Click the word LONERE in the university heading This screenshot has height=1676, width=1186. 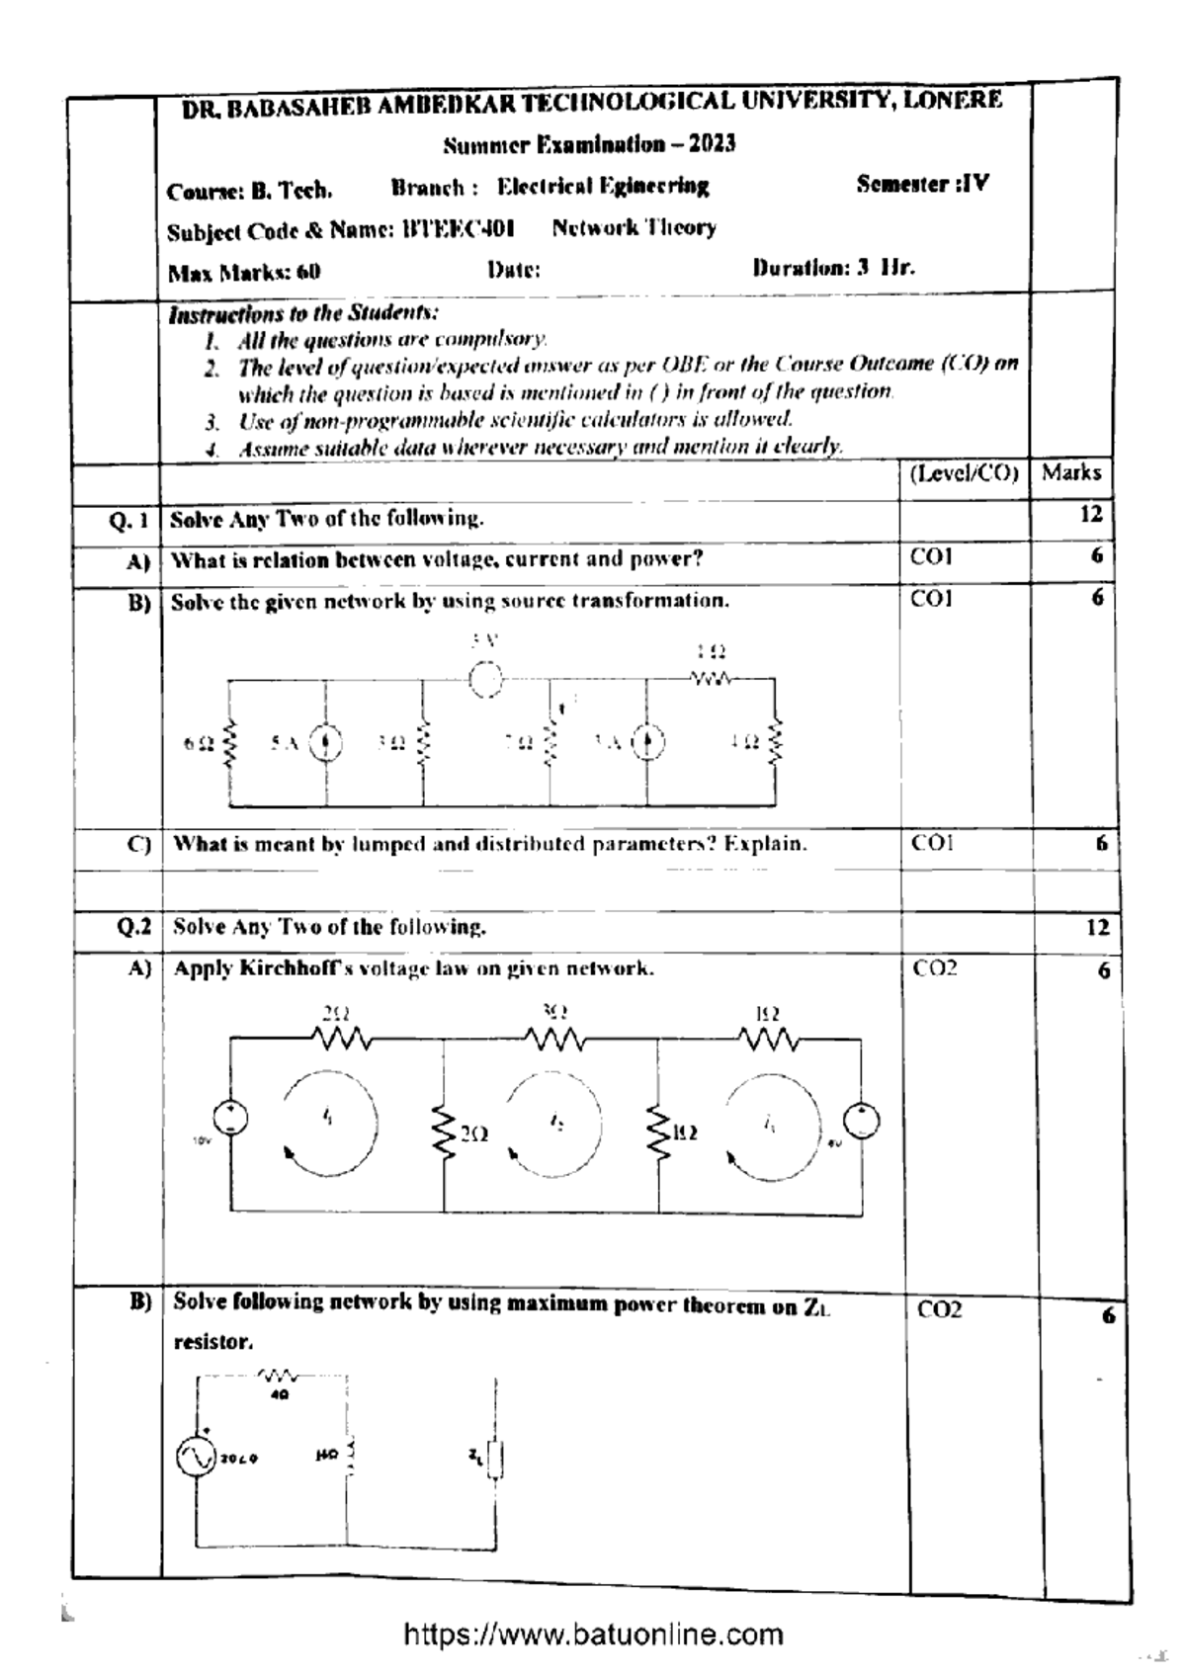coord(952,100)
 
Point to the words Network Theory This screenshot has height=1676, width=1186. coord(634,228)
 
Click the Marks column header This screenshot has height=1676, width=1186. coord(1071,472)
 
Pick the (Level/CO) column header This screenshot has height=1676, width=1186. coord(964,473)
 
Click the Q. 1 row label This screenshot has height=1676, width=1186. coord(129,520)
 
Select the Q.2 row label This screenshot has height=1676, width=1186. coord(133,927)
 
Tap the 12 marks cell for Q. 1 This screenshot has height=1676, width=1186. coord(1090,514)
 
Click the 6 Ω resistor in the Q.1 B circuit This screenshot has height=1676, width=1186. coord(231,743)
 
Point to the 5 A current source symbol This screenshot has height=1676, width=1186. coord(326,743)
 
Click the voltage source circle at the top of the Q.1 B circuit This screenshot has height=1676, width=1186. coord(485,679)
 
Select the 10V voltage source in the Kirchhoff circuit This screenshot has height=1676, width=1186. coord(230,1119)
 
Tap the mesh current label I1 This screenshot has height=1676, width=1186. coord(327,1117)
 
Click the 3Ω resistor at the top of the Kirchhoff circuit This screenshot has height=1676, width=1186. coord(554,1039)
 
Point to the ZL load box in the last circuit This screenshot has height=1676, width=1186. coord(495,1458)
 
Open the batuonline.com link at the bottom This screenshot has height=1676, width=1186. coord(593,1635)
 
